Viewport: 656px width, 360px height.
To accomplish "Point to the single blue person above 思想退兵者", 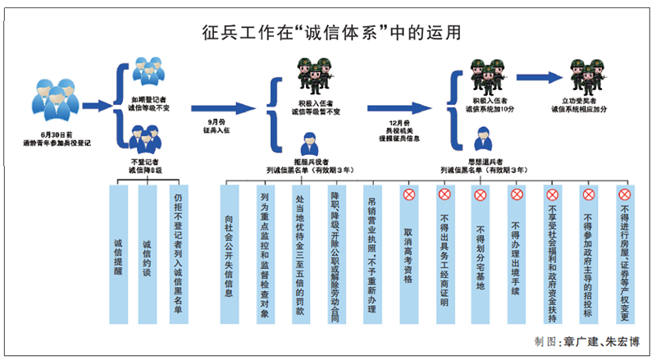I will [481, 137].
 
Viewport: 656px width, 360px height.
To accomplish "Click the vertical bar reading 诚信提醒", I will [118, 255].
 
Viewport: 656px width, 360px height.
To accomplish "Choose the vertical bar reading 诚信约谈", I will [147, 255].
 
